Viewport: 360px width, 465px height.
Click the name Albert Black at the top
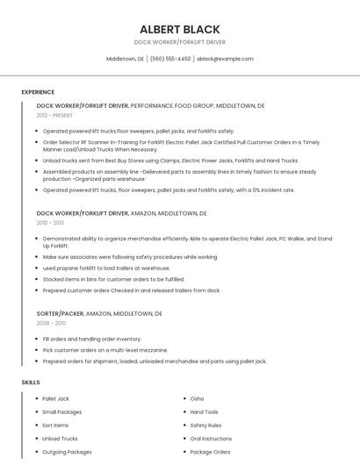coord(179,29)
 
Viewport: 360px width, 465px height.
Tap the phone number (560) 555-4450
coord(170,59)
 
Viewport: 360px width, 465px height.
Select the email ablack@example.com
coord(225,59)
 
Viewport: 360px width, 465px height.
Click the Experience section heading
coord(38,92)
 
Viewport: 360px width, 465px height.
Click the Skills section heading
coord(31,383)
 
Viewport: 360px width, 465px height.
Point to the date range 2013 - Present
coord(54,115)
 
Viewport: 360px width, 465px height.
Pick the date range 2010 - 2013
coord(50,223)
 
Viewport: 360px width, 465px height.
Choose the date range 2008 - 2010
coord(50,323)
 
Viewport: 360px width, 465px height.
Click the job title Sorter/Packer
coord(60,313)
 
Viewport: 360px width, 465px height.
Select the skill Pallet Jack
coord(55,398)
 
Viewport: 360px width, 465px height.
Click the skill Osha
coord(197,398)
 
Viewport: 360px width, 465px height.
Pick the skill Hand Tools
coord(205,411)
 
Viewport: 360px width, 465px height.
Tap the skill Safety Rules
coord(205,425)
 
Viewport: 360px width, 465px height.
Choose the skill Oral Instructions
coord(211,439)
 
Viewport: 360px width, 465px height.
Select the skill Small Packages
coord(61,411)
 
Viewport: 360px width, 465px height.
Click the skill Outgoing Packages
coord(67,452)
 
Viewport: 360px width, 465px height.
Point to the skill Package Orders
coord(210,452)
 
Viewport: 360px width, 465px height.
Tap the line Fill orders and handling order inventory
coord(91,339)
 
